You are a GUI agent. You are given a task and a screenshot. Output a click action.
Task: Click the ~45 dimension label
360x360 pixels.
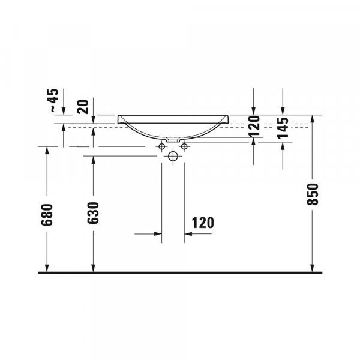[53, 101]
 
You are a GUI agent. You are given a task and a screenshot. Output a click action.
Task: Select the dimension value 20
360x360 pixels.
[83, 107]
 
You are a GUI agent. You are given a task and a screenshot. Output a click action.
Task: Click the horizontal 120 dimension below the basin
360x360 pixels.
[203, 223]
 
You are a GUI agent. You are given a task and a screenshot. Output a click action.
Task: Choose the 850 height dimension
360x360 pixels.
[312, 194]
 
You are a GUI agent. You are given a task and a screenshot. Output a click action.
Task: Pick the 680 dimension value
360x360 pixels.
[47, 214]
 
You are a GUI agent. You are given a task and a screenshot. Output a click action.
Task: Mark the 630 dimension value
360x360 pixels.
[93, 214]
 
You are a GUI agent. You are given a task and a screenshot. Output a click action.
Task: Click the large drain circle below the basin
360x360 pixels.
[173, 157]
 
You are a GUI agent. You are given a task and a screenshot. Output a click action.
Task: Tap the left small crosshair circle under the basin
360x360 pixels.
[163, 147]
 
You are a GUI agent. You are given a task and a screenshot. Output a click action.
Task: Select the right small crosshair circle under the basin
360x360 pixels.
[184, 147]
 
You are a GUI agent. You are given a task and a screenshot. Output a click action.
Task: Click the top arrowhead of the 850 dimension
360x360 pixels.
[312, 119]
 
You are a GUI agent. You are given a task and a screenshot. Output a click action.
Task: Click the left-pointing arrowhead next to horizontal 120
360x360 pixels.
[188, 234]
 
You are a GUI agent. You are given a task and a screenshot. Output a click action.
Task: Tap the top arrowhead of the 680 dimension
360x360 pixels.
[47, 151]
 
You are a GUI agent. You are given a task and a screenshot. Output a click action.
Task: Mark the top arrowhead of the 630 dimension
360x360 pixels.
[93, 161]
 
